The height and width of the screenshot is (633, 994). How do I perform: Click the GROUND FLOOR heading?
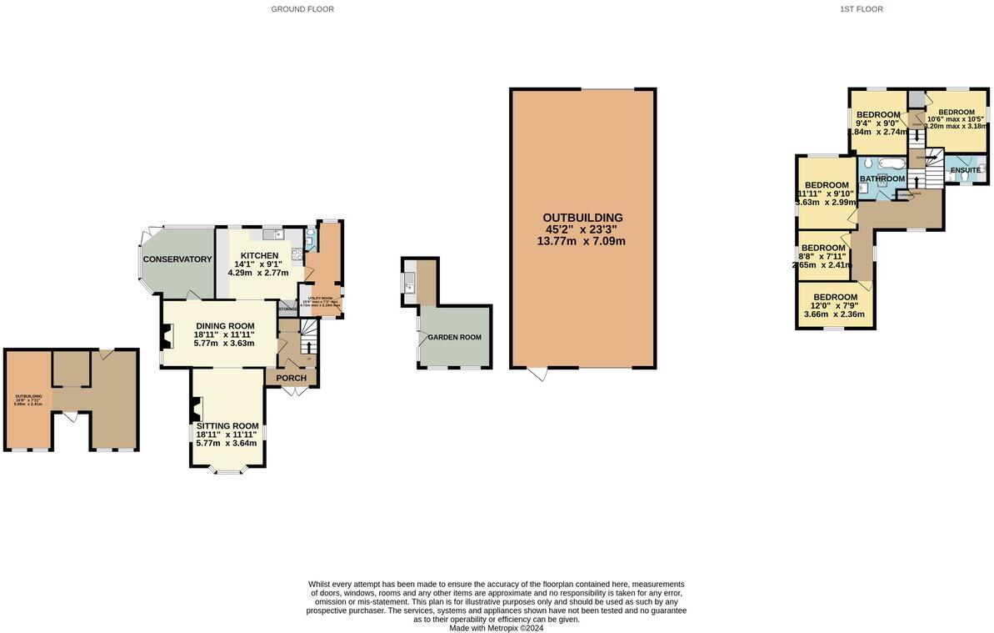[x=302, y=9]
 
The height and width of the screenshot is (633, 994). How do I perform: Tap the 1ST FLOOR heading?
[x=861, y=9]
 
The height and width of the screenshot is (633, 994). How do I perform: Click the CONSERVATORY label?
[x=177, y=259]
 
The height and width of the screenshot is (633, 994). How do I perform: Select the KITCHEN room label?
[x=259, y=256]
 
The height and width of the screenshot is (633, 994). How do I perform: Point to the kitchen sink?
[x=273, y=235]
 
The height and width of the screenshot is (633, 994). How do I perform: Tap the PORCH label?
[x=292, y=378]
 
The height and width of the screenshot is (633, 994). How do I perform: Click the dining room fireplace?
[x=167, y=336]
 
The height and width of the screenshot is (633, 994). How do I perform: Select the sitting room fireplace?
[x=196, y=409]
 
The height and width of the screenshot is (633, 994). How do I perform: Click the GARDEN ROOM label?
[x=455, y=337]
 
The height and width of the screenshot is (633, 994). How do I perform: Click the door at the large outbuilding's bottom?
[x=539, y=374]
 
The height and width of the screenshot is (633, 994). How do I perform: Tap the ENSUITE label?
[x=966, y=170]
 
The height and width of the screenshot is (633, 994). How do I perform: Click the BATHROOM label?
[x=882, y=178]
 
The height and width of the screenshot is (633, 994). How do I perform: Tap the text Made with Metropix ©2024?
[x=496, y=628]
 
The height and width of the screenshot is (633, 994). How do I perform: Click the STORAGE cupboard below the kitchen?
[x=287, y=309]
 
